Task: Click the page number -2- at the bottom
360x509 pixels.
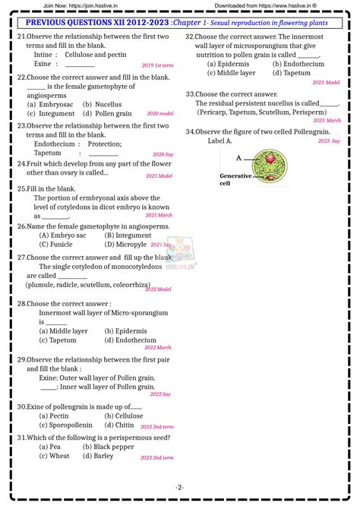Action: pyautogui.click(x=179, y=487)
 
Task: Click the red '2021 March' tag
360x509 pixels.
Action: pyautogui.click(x=159, y=216)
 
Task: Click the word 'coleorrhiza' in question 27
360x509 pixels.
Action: pyautogui.click(x=143, y=285)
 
